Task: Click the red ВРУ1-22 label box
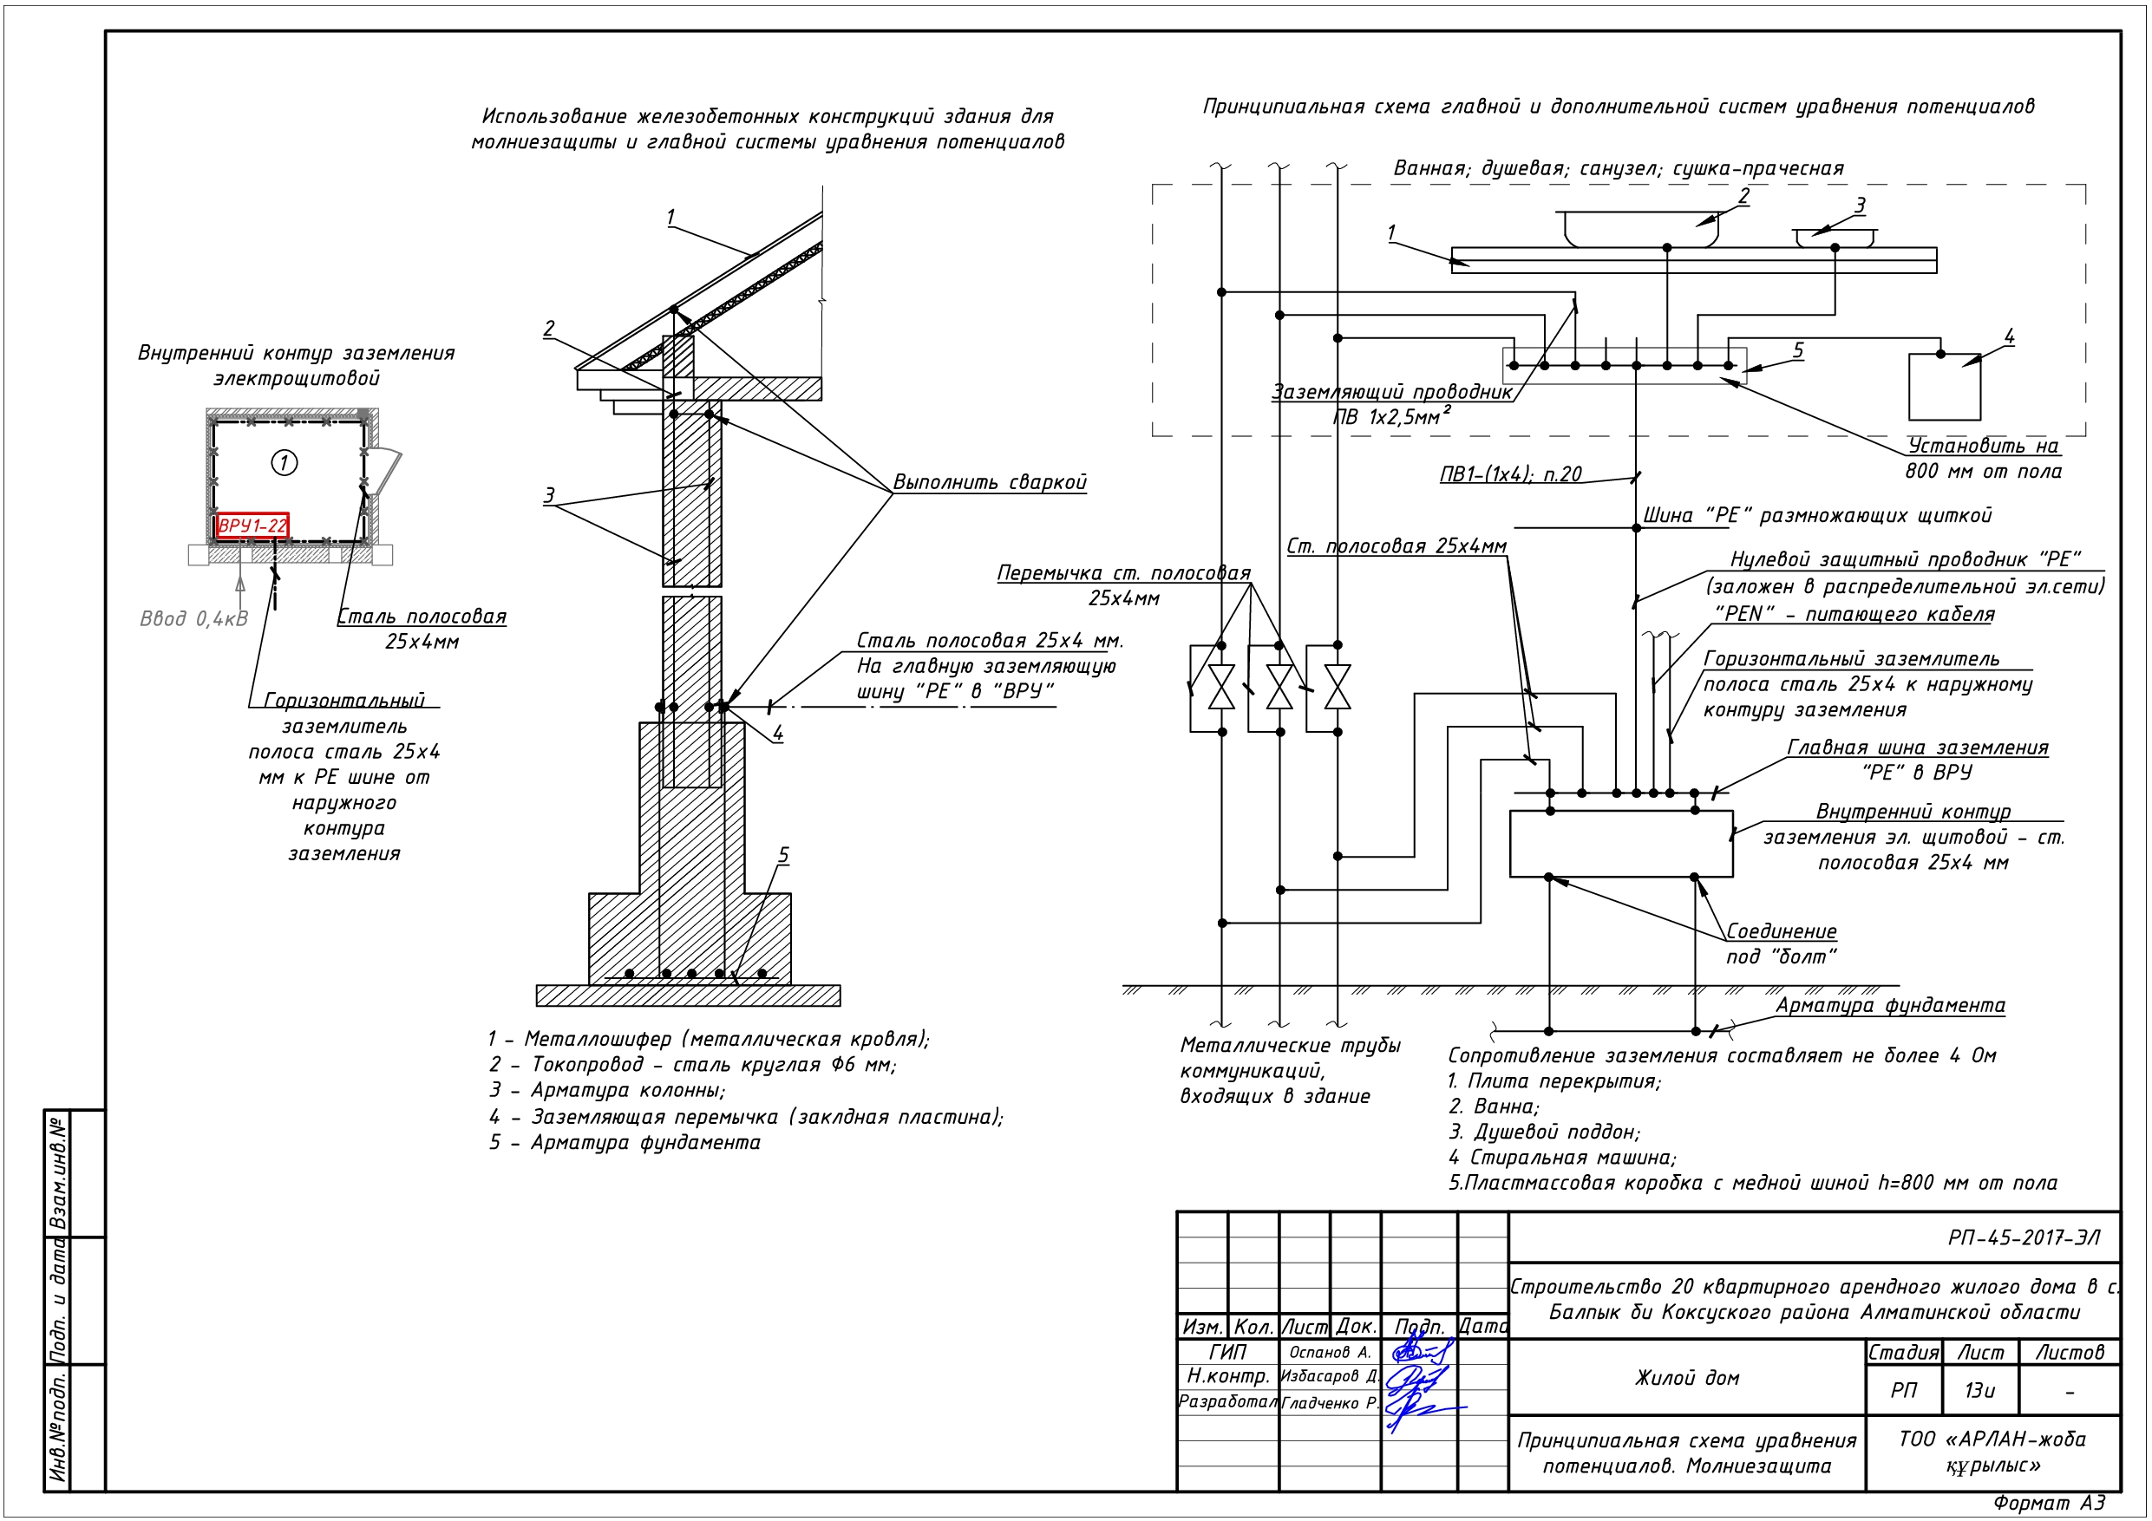[x=252, y=525]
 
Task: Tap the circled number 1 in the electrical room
[x=284, y=462]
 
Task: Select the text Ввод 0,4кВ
[x=194, y=618]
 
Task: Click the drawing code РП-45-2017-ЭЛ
[x=2024, y=1238]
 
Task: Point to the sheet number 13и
[x=1979, y=1390]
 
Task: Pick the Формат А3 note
[x=2049, y=1503]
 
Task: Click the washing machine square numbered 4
[x=1944, y=387]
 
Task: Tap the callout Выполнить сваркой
[x=989, y=483]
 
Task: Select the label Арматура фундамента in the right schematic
[x=1889, y=1006]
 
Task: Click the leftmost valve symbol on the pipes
[x=1221, y=687]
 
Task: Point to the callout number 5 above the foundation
[x=783, y=856]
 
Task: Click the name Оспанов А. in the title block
[x=1329, y=1352]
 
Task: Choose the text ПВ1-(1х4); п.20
[x=1510, y=475]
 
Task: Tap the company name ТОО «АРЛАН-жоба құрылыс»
[x=1992, y=1452]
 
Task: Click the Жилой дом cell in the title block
[x=1687, y=1378]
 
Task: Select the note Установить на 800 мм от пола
[x=1983, y=458]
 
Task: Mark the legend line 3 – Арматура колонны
[x=606, y=1091]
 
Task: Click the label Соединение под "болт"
[x=1781, y=943]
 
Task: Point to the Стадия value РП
[x=1904, y=1390]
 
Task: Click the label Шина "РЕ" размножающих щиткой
[x=1816, y=515]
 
